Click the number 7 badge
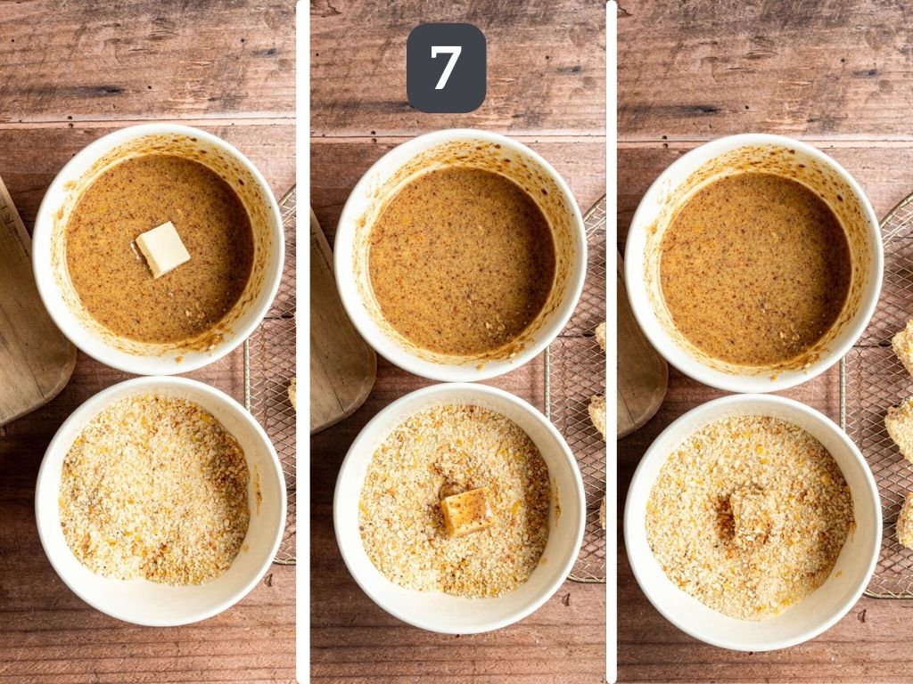(x=446, y=68)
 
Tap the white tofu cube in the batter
(x=162, y=249)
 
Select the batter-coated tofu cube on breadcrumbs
(x=465, y=512)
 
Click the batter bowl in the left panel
(x=159, y=249)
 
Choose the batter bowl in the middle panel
(x=461, y=256)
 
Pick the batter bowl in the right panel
(x=754, y=263)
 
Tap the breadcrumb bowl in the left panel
(x=160, y=501)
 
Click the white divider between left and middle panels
(x=303, y=342)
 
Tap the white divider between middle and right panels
(x=612, y=342)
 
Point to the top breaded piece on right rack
(x=904, y=346)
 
